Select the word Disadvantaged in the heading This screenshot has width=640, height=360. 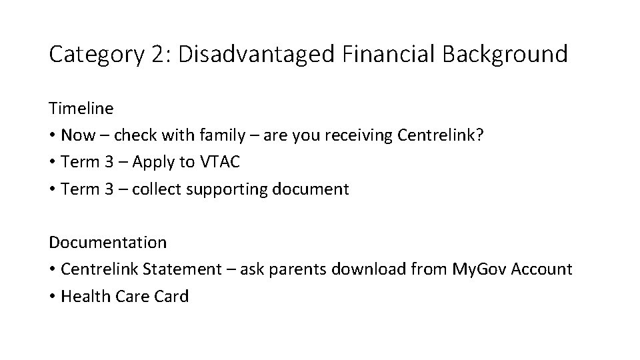click(x=256, y=54)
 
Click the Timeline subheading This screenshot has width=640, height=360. click(x=81, y=108)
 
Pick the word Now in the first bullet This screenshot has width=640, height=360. click(x=77, y=135)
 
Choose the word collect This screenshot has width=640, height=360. click(x=158, y=189)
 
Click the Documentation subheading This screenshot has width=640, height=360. click(x=107, y=243)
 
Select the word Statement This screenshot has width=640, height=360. click(x=183, y=269)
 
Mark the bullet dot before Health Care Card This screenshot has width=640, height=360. click(x=52, y=297)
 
